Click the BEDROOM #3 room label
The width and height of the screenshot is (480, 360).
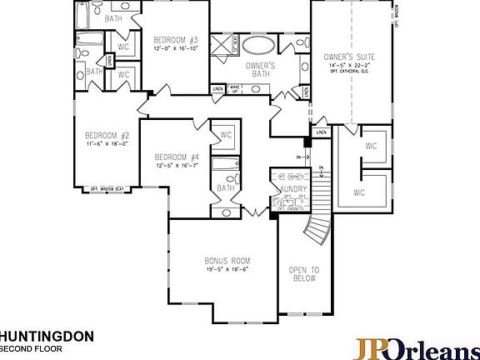(175, 39)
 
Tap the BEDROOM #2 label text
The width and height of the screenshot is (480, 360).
(107, 136)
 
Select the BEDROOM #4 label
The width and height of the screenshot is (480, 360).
(177, 157)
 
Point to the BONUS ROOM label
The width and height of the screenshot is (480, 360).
(228, 260)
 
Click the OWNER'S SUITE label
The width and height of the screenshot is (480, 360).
(349, 56)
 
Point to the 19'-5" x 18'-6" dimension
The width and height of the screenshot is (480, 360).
(228, 269)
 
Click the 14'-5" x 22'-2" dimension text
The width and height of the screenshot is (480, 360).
(349, 64)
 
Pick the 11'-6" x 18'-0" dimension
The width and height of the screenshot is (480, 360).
(107, 144)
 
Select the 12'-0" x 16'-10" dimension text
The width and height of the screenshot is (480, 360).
(175, 47)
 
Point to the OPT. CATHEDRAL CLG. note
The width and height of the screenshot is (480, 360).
(349, 71)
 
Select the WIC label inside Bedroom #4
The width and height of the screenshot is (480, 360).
(226, 135)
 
